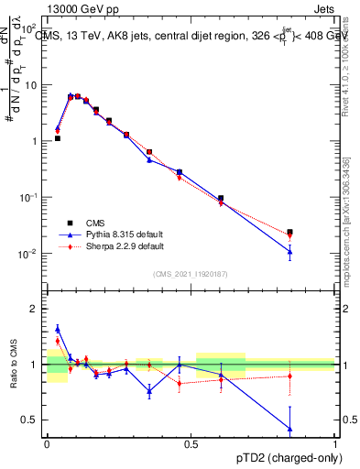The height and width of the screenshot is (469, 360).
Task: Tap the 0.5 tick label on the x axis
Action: coord(191,442)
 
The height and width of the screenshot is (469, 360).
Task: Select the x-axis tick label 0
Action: coord(47,442)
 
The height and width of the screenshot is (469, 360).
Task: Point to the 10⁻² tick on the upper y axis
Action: coord(30,254)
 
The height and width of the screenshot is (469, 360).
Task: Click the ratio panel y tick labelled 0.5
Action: coord(31,420)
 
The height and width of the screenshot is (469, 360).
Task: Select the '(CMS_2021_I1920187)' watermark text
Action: coord(191,274)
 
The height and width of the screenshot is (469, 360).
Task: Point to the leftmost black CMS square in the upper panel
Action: coord(58,138)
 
